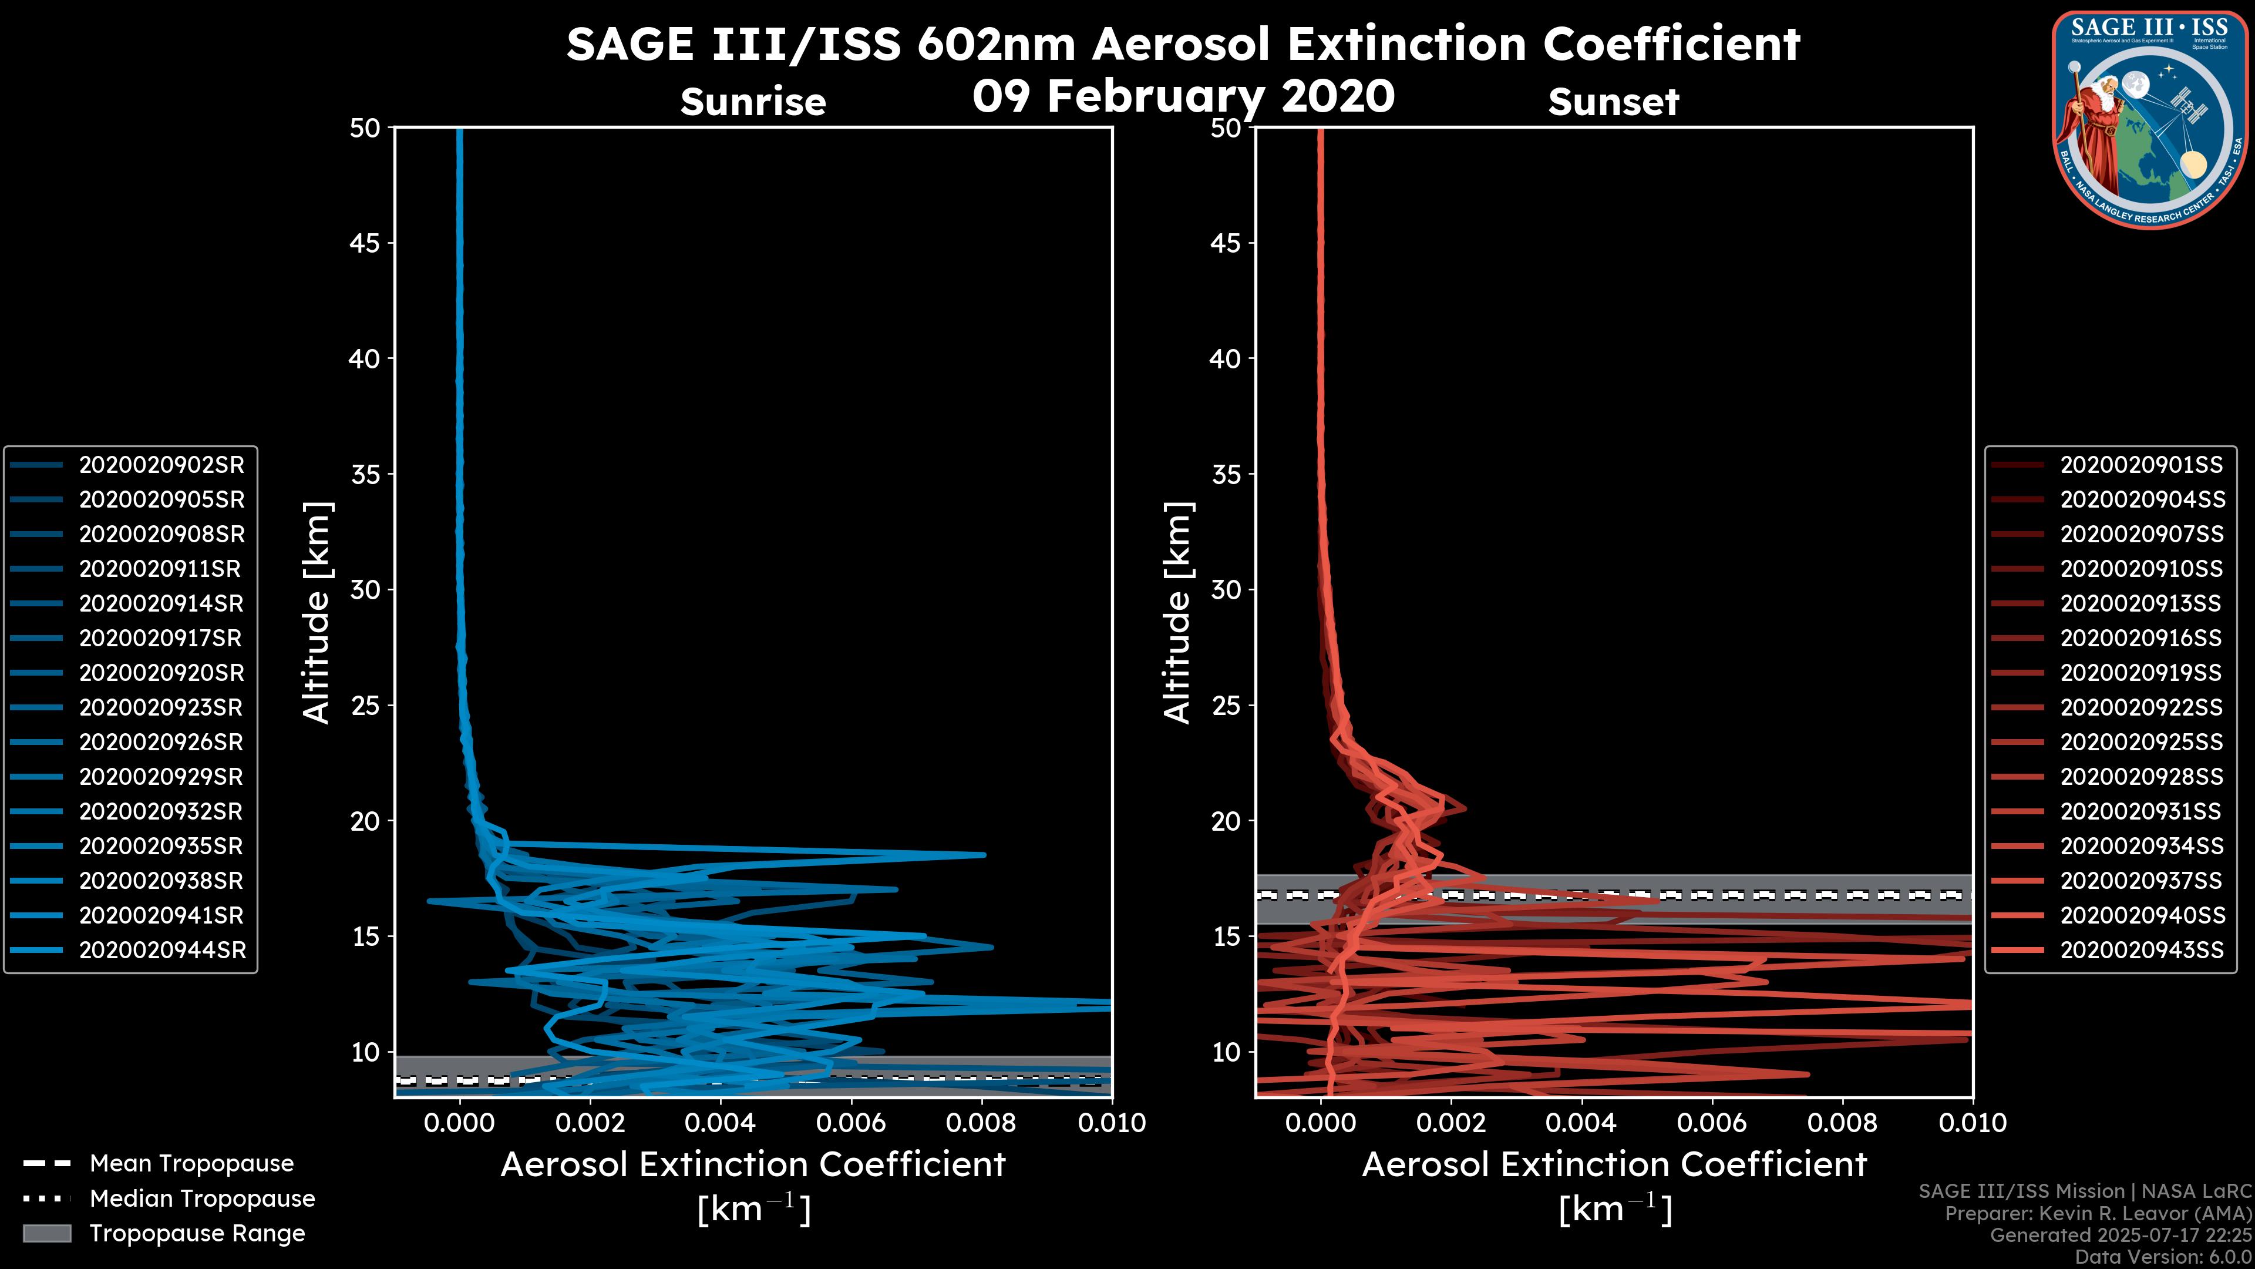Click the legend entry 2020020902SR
(161, 465)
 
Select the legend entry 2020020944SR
(162, 950)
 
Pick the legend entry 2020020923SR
(161, 707)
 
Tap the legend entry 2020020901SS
(2140, 465)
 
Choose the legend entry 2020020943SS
(2140, 950)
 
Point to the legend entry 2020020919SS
(2140, 673)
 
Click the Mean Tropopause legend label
(191, 1163)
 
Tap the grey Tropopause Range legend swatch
(46, 1233)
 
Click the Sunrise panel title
(753, 102)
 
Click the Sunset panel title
(1613, 102)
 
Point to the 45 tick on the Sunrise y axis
(365, 243)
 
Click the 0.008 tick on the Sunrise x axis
(981, 1123)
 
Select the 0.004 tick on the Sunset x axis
(1581, 1123)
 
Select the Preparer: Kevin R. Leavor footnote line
(2098, 1214)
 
